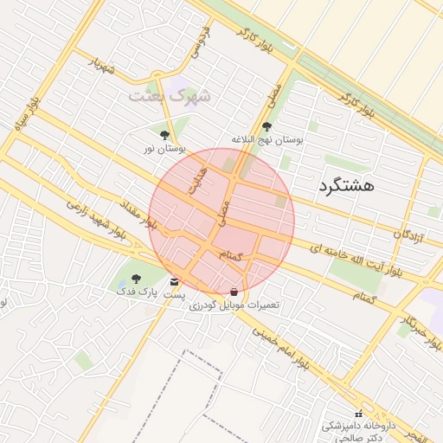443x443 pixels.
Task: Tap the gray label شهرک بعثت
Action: click(170, 96)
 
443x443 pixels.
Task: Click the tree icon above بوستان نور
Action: click(164, 134)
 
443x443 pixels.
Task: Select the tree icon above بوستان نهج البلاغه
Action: click(266, 126)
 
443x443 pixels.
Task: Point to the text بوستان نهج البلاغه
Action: click(266, 139)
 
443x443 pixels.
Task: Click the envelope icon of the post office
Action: click(175, 282)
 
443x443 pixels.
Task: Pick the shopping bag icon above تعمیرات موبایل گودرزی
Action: click(234, 292)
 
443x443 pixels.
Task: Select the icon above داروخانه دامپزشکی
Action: click(358, 414)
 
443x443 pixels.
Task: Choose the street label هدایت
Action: click(198, 177)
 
